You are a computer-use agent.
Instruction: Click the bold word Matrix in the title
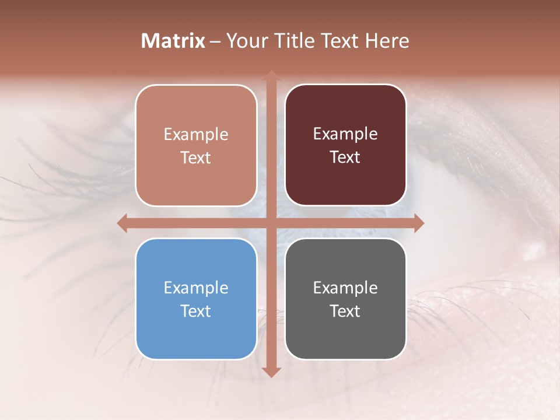point(173,41)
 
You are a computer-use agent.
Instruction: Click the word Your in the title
point(244,41)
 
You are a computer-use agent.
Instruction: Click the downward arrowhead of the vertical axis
point(271,372)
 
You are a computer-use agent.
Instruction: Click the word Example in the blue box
point(196,288)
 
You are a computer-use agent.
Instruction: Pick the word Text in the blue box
point(196,311)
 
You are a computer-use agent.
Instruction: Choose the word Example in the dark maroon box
point(345,134)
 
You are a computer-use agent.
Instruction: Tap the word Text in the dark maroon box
point(345,157)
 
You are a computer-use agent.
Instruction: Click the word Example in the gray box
point(345,288)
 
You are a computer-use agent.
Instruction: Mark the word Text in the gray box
point(345,311)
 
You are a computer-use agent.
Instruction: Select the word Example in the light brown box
point(196,134)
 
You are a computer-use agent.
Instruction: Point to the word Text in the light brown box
point(196,157)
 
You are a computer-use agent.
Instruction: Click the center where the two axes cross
point(271,223)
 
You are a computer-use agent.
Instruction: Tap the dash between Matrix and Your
point(215,41)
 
